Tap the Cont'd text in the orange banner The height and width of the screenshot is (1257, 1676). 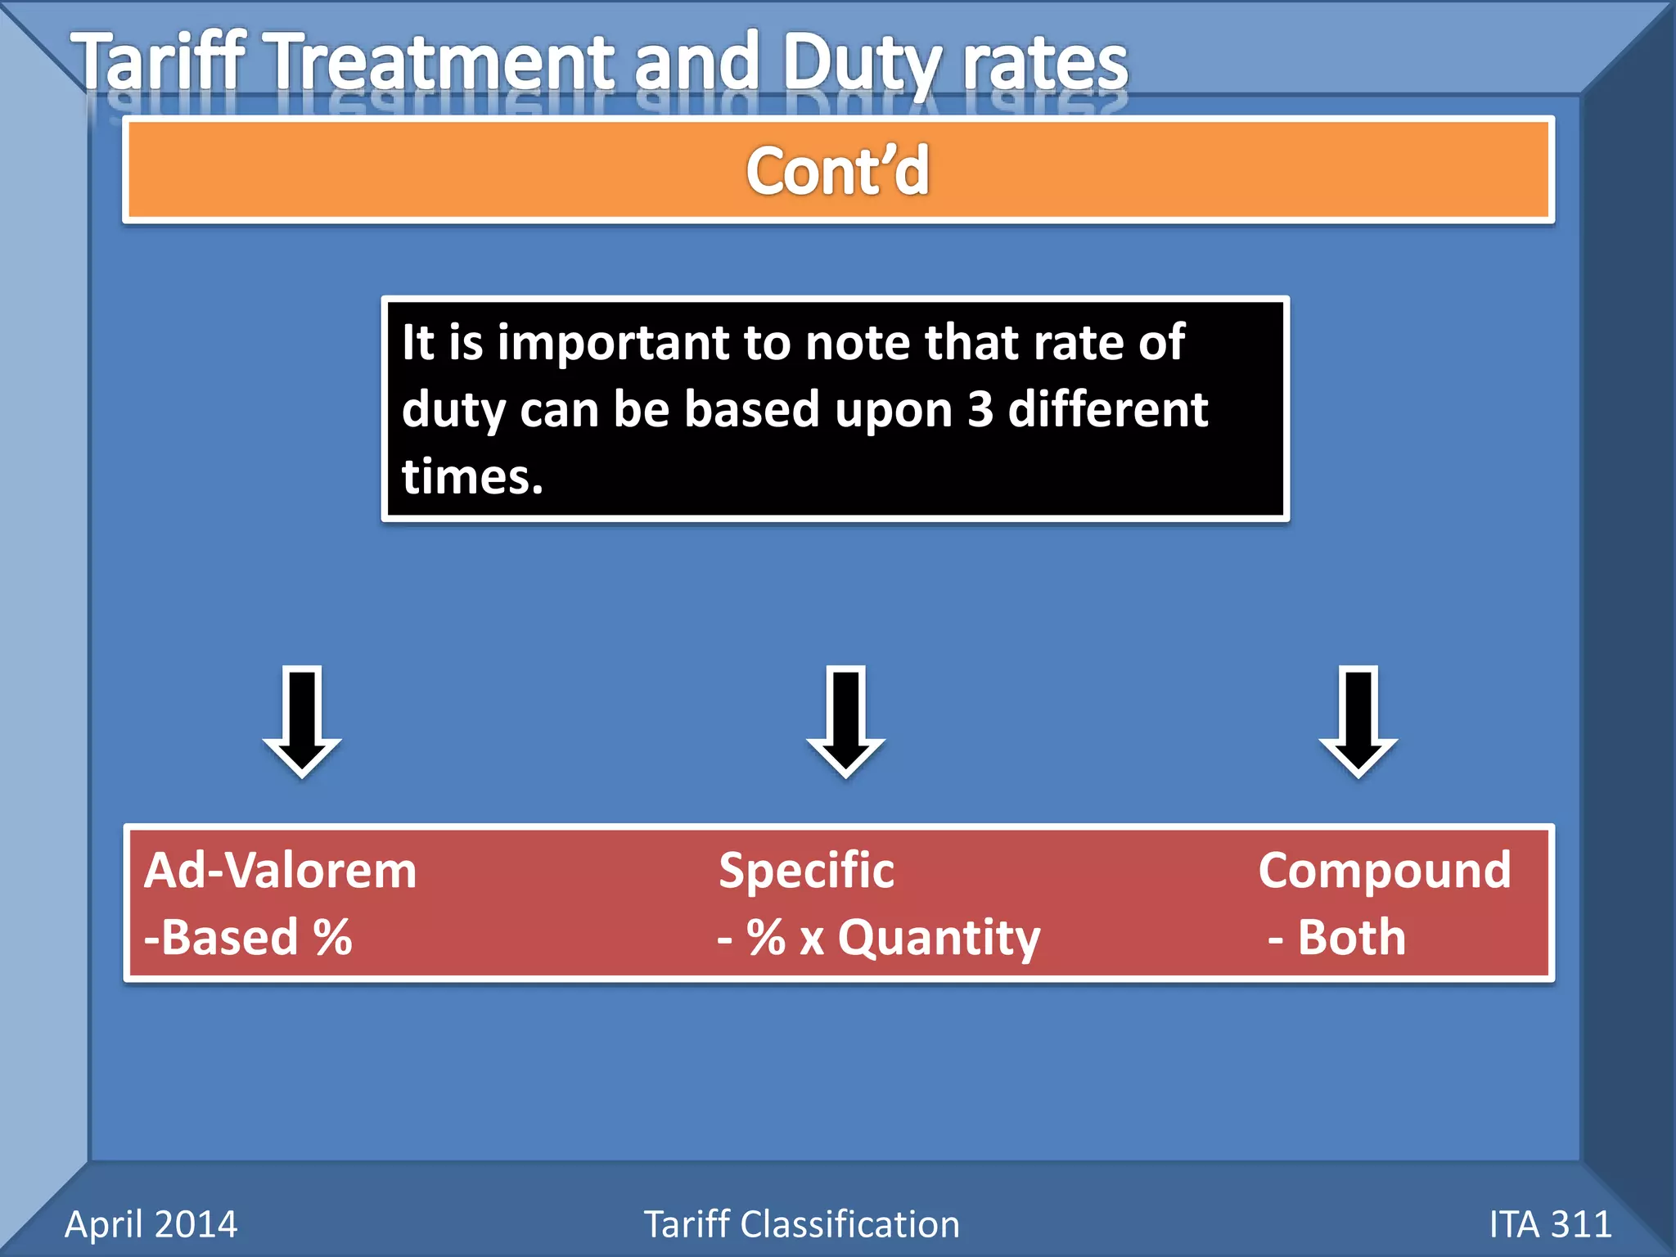click(837, 171)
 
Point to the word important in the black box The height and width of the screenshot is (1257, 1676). click(613, 343)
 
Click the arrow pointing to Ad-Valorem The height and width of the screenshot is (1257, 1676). click(302, 720)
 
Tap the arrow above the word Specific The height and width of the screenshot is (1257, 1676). click(845, 720)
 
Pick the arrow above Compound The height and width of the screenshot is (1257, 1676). click(1358, 720)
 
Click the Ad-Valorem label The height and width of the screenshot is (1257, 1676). click(281, 871)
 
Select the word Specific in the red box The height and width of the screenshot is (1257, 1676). click(806, 871)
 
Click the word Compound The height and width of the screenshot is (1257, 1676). click(1384, 871)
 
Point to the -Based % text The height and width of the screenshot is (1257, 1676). click(248, 937)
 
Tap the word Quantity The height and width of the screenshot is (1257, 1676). click(939, 939)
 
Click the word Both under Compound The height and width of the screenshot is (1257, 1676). click(1351, 937)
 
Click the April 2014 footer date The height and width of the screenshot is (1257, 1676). click(151, 1224)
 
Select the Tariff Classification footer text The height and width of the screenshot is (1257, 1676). click(801, 1224)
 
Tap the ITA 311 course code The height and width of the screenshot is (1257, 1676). click(1550, 1224)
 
